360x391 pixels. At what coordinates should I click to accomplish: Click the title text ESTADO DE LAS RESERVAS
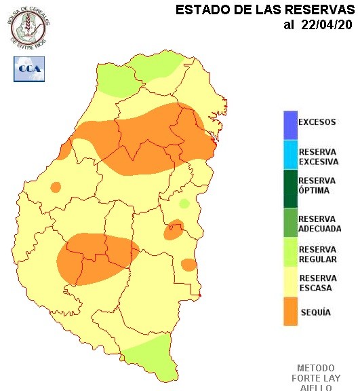[265, 10]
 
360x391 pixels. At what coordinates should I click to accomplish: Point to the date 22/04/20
[327, 25]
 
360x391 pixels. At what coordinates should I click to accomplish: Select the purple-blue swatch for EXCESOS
[290, 123]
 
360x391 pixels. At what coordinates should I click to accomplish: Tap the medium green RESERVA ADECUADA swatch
[290, 223]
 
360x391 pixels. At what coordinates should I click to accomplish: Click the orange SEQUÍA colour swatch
[290, 312]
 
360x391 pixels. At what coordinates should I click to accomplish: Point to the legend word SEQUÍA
[315, 312]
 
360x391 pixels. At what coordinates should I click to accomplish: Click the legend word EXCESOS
[317, 123]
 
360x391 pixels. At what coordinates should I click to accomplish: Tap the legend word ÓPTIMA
[314, 191]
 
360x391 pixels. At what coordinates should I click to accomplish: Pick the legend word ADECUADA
[319, 229]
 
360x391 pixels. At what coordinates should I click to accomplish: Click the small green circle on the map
[184, 204]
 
